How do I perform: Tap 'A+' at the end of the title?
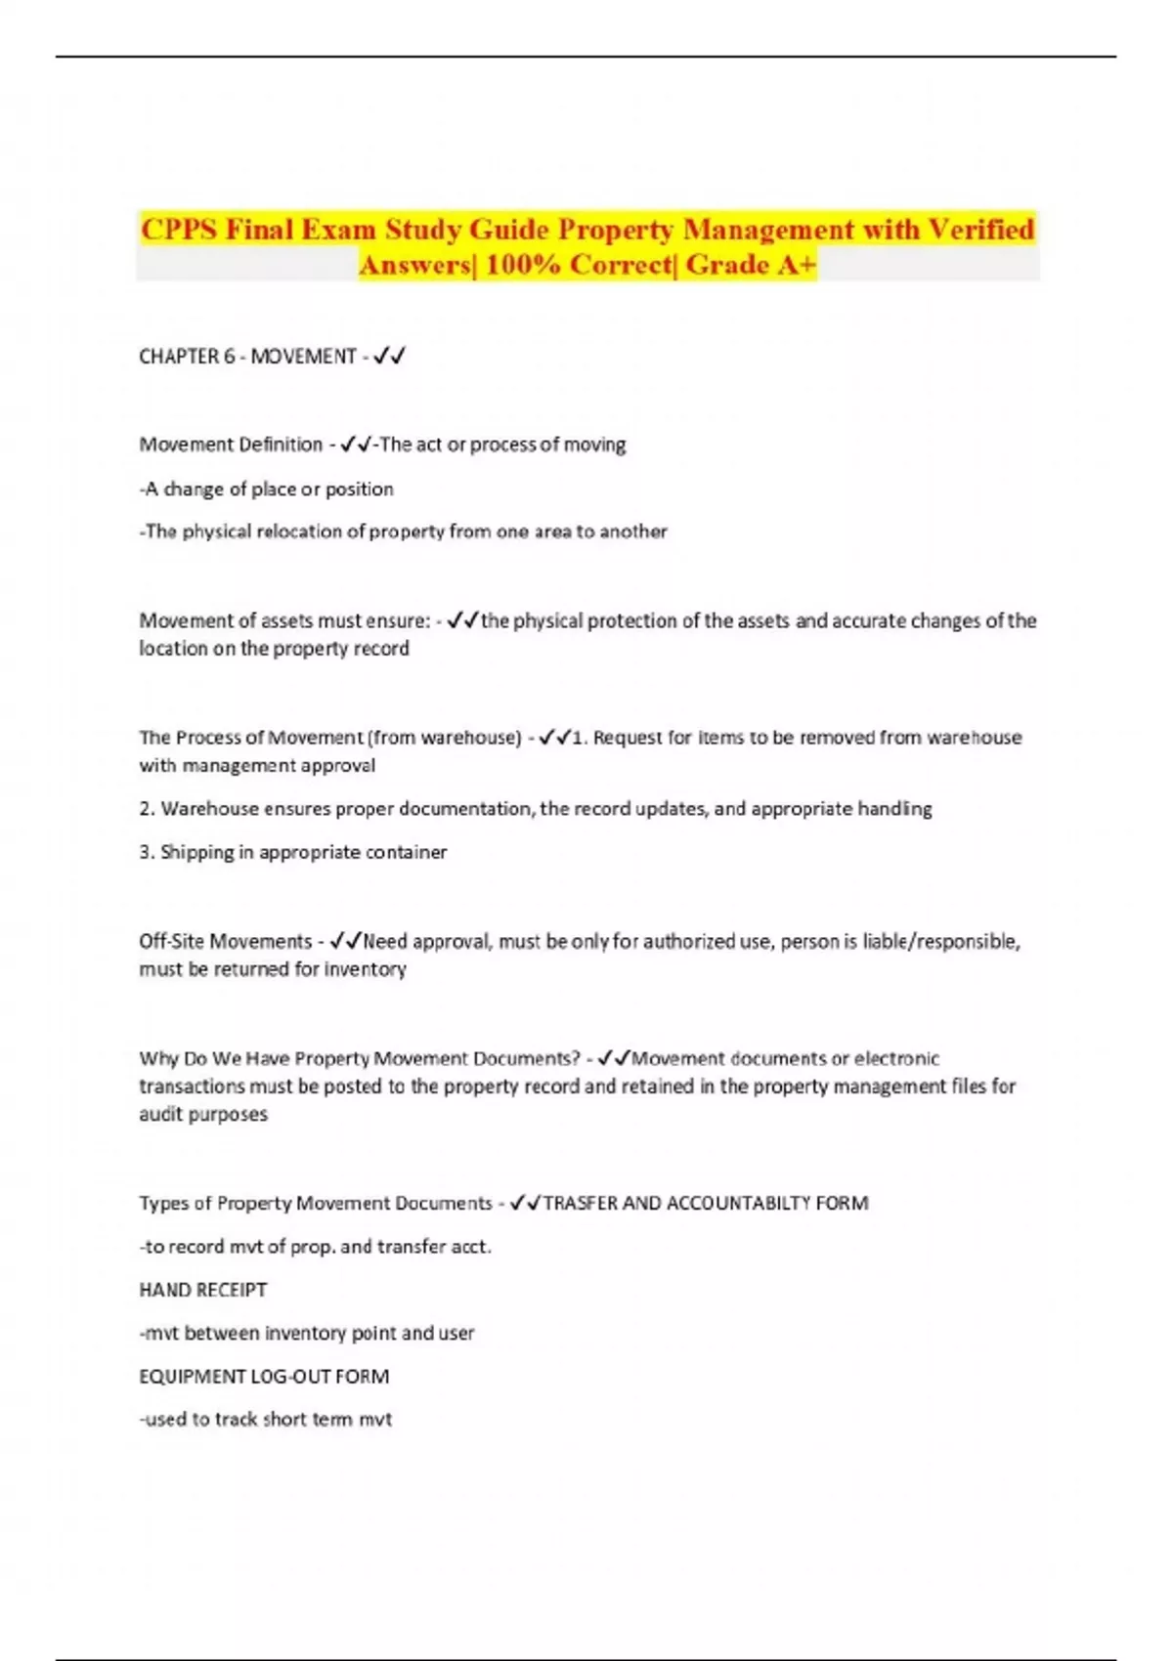(796, 265)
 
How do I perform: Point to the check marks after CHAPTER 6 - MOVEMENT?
(390, 357)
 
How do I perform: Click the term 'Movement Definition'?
(231, 445)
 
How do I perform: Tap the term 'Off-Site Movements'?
(225, 941)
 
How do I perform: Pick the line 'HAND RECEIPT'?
(202, 1290)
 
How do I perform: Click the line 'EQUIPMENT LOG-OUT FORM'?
(264, 1377)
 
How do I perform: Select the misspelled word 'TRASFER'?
(580, 1203)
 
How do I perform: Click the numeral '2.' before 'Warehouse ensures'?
(148, 809)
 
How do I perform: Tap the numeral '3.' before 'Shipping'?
(148, 852)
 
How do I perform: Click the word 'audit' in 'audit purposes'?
(162, 1114)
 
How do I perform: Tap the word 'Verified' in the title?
(980, 230)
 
